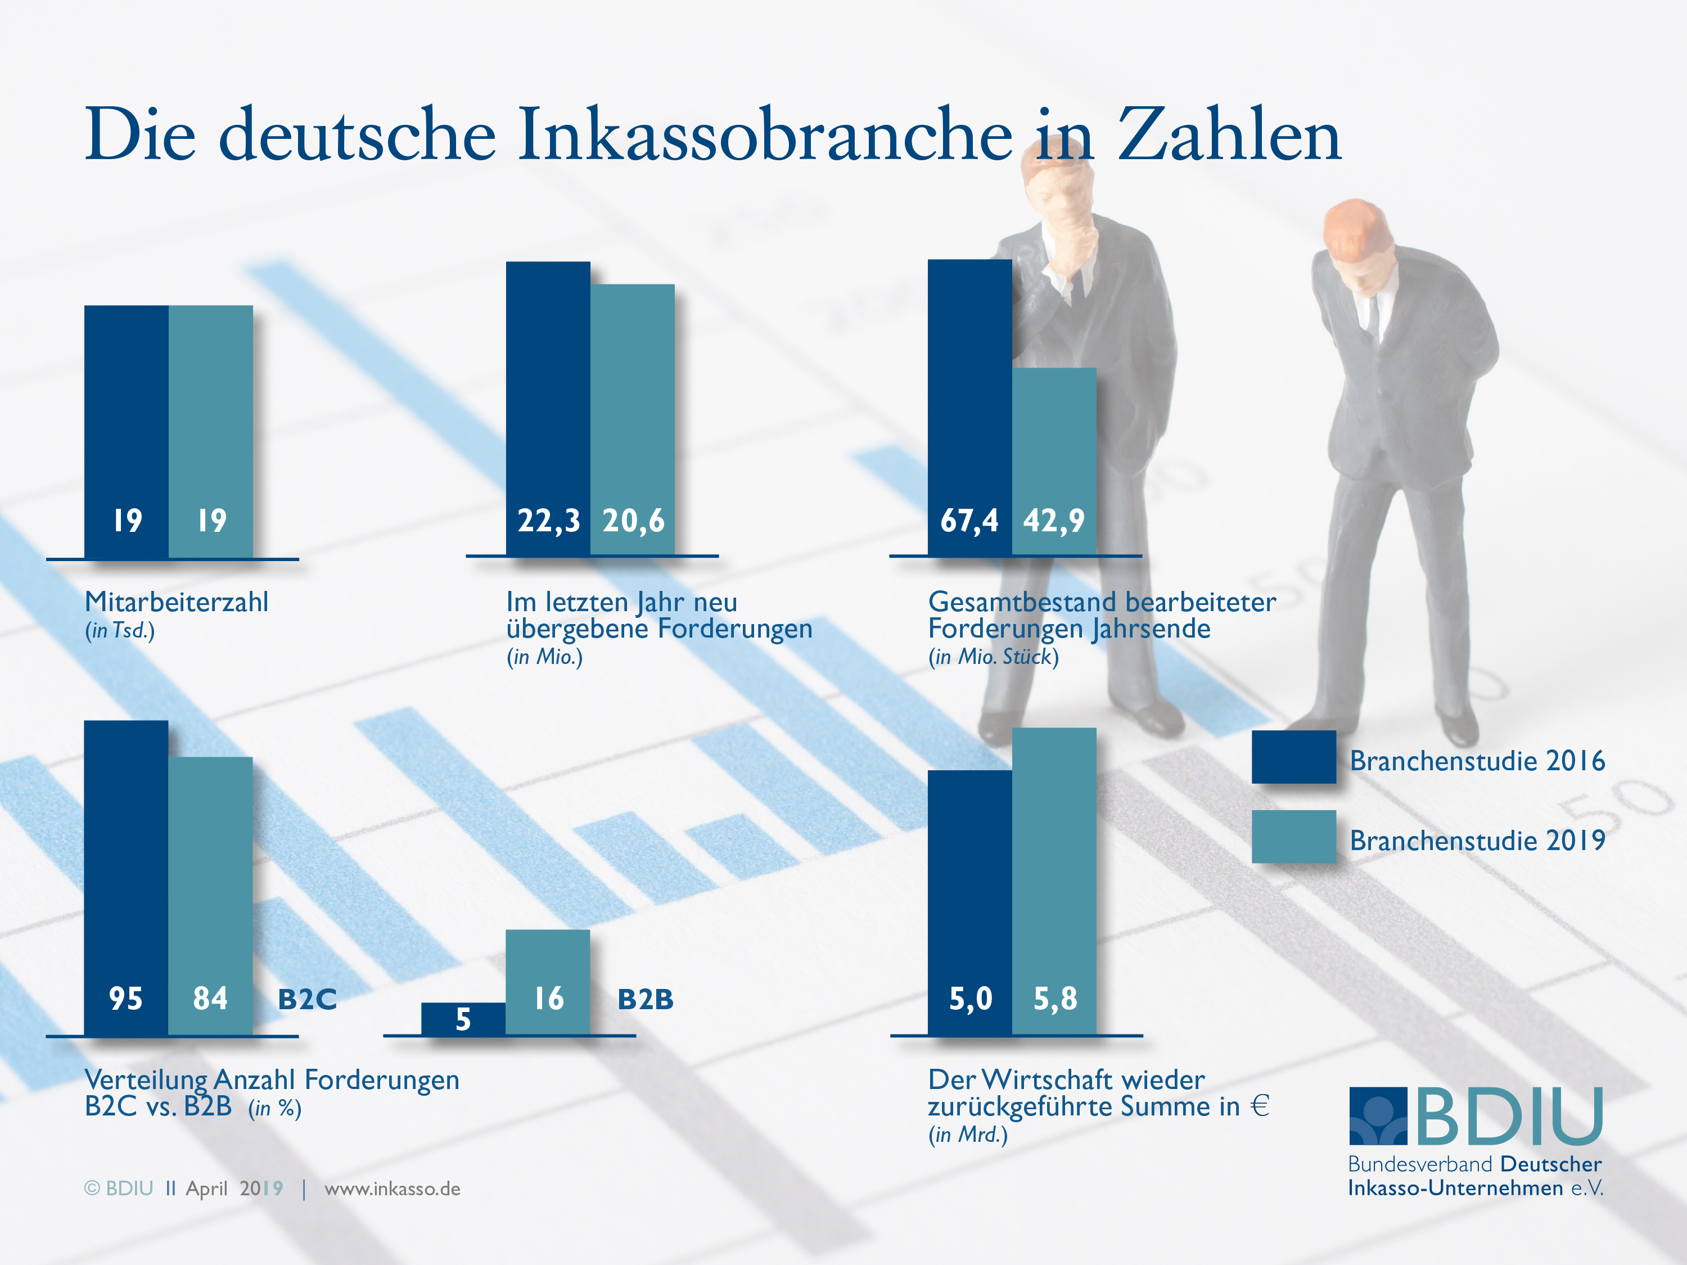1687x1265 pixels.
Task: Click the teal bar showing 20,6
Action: click(632, 419)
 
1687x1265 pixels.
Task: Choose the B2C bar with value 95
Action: click(126, 877)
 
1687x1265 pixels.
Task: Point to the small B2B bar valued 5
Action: click(463, 1019)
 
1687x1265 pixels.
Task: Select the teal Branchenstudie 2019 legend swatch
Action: click(1293, 837)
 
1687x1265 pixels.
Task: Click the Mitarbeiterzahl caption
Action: click(176, 602)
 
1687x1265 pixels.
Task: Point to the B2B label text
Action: click(645, 999)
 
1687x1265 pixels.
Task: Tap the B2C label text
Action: click(306, 999)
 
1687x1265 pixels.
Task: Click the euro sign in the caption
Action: click(1260, 1106)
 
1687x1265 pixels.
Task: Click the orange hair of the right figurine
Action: click(1354, 223)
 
